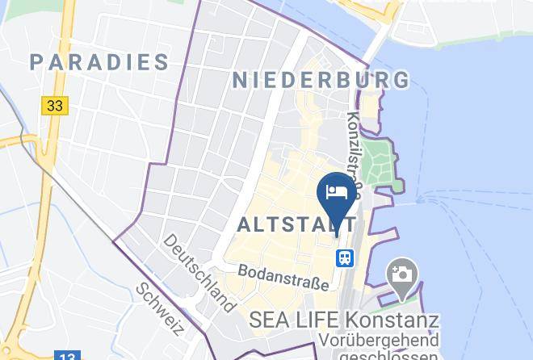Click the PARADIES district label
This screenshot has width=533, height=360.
pyautogui.click(x=100, y=61)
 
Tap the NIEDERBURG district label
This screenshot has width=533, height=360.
pyautogui.click(x=321, y=79)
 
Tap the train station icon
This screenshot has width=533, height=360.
pyautogui.click(x=344, y=257)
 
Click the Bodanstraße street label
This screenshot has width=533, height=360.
pyautogui.click(x=283, y=278)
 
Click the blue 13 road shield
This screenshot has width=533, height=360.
pyautogui.click(x=68, y=355)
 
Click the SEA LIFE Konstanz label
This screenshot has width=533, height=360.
pyautogui.click(x=344, y=320)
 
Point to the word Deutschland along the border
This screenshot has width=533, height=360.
pyautogui.click(x=199, y=273)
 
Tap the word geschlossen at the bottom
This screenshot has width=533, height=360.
pyautogui.click(x=388, y=354)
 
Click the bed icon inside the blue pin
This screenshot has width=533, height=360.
pyautogui.click(x=336, y=191)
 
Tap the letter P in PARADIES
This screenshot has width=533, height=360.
pyautogui.click(x=37, y=61)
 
